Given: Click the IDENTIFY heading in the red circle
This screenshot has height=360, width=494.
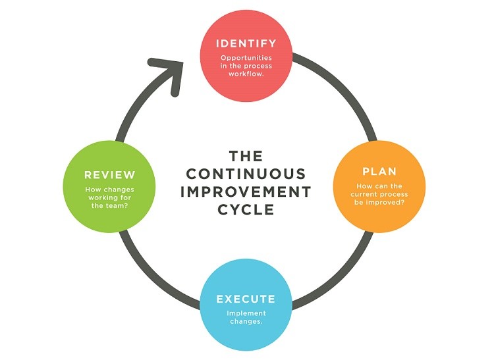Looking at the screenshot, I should (x=246, y=44).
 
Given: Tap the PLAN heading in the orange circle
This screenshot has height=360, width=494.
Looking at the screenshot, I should (x=379, y=172).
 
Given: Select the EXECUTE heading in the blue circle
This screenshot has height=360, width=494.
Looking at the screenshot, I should (x=246, y=299).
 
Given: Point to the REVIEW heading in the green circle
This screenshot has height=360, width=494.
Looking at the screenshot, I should (x=109, y=175).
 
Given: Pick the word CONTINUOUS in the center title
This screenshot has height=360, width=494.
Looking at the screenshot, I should (x=246, y=174).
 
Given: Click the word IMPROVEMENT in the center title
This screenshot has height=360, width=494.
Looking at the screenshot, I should (x=246, y=192).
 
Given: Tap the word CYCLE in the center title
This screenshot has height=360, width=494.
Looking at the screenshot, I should (x=246, y=209).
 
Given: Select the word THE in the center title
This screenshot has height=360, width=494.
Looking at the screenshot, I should (x=246, y=156).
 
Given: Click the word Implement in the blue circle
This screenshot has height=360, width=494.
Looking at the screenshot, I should (x=246, y=313).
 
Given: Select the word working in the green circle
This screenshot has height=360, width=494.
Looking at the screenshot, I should (x=101, y=197).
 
